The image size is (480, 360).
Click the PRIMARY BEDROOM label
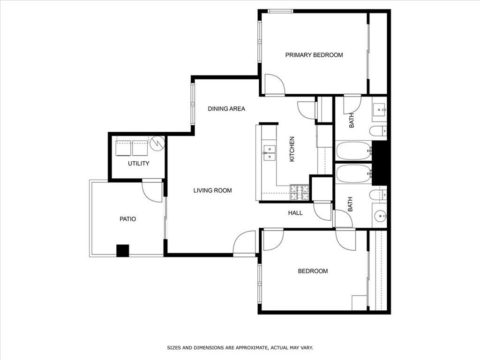pyautogui.click(x=314, y=55)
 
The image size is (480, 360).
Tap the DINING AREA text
pyautogui.click(x=226, y=109)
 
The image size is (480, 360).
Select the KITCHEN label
pyautogui.click(x=292, y=149)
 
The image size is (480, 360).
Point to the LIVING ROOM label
pyautogui.click(x=212, y=190)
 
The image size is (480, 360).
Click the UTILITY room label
pyautogui.click(x=138, y=164)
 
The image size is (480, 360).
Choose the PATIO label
pyautogui.click(x=127, y=219)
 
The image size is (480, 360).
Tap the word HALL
pyautogui.click(x=295, y=213)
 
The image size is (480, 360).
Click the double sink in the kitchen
pyautogui.click(x=269, y=153)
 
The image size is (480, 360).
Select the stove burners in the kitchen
pyautogui.click(x=300, y=190)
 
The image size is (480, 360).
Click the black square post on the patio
pyautogui.click(x=122, y=251)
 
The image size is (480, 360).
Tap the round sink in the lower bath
pyautogui.click(x=380, y=216)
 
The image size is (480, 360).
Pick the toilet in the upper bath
pyautogui.click(x=378, y=131)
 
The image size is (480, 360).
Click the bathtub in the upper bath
pyautogui.click(x=354, y=150)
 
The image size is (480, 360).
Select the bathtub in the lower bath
pyautogui.click(x=354, y=173)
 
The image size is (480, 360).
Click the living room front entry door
pyautogui.click(x=244, y=244)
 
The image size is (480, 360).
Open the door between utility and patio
pyautogui.click(x=152, y=191)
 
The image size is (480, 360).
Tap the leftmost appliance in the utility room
pyautogui.click(x=123, y=148)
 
